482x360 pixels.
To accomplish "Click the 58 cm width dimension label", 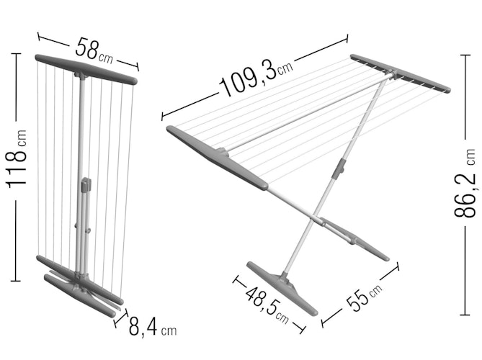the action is click(x=94, y=50).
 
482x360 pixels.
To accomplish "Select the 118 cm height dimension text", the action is click(x=16, y=159).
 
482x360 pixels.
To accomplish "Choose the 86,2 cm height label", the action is click(x=465, y=184).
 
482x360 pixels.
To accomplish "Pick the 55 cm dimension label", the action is click(x=364, y=296).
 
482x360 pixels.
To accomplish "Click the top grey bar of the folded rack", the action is click(x=86, y=69).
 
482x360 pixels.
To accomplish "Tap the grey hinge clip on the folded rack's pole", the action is click(x=86, y=185).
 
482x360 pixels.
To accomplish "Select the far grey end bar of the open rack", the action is click(x=401, y=73).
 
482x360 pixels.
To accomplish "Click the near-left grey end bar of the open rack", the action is click(x=217, y=158).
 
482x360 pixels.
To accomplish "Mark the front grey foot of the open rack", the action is click(x=282, y=288).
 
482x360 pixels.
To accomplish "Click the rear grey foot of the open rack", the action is click(x=354, y=238).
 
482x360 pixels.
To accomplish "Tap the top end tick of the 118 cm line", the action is click(x=16, y=54).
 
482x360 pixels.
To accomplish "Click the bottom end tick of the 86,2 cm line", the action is click(x=465, y=315).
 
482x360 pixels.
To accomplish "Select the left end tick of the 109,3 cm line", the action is click(x=162, y=117).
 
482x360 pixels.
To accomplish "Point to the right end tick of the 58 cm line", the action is click(x=138, y=67).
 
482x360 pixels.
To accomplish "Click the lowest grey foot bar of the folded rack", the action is click(x=80, y=296).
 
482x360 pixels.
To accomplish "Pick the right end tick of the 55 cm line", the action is click(x=398, y=266).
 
